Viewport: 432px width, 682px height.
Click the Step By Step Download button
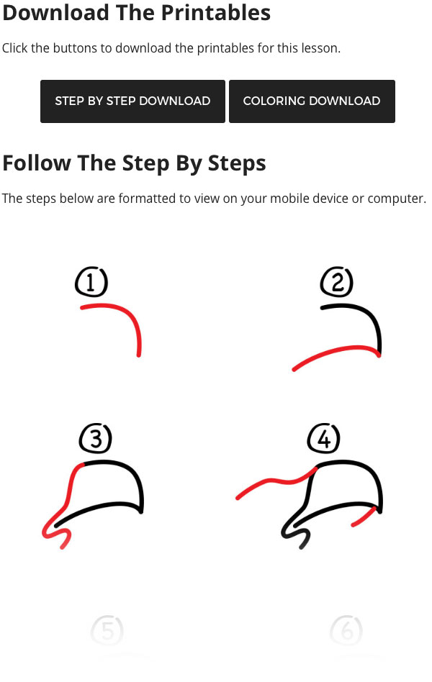click(132, 101)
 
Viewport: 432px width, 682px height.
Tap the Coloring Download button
click(312, 101)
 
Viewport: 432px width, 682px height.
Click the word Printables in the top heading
click(216, 13)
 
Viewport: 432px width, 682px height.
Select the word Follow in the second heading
click(37, 163)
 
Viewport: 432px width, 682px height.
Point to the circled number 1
click(91, 282)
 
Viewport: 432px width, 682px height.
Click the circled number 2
click(337, 281)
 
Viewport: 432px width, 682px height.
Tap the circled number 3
click(95, 438)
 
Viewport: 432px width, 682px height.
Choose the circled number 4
click(323, 438)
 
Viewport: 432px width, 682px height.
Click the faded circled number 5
click(107, 630)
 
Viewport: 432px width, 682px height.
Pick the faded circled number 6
click(346, 630)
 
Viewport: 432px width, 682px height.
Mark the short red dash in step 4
click(364, 517)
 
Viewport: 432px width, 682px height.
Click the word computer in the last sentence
click(396, 199)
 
